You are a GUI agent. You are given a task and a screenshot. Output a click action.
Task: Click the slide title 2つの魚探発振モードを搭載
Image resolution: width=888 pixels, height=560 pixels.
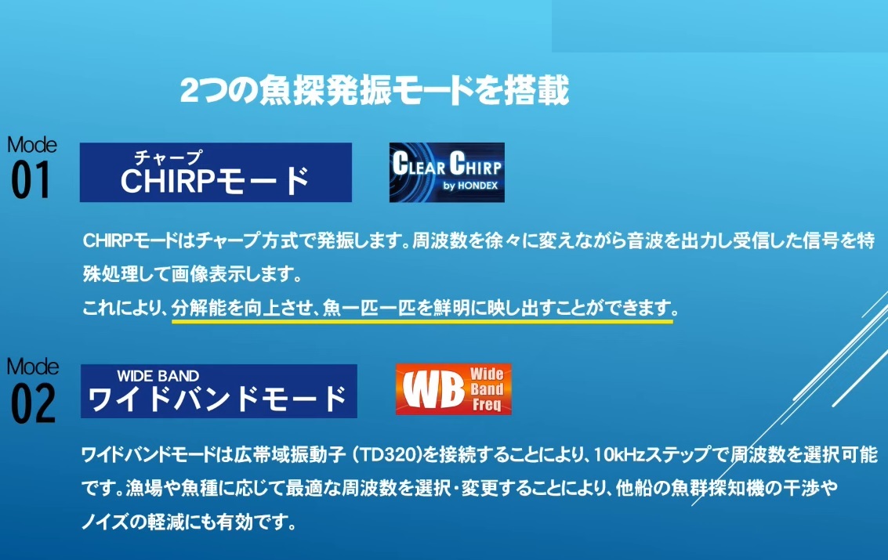click(375, 91)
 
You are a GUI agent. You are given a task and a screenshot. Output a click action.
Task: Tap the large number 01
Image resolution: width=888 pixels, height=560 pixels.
click(31, 180)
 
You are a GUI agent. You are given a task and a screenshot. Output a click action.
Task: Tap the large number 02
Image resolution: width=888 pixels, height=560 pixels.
click(33, 403)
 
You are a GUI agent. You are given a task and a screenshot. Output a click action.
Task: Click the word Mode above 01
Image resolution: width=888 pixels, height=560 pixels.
click(31, 145)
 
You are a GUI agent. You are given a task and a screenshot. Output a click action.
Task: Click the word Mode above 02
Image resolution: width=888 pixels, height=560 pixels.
click(32, 367)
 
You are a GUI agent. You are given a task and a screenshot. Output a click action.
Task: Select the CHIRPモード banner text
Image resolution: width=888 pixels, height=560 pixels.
click(216, 180)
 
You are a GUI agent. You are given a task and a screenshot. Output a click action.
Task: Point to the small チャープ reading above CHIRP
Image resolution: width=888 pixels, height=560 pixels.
click(169, 157)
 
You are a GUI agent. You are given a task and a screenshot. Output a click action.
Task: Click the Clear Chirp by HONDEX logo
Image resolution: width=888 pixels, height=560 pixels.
click(447, 172)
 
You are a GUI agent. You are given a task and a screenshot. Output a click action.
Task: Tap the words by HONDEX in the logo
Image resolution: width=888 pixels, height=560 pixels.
click(470, 186)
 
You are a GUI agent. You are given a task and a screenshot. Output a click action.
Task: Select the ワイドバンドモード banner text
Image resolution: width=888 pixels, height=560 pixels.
click(218, 399)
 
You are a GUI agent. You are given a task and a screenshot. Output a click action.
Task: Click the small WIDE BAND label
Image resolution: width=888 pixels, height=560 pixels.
click(158, 376)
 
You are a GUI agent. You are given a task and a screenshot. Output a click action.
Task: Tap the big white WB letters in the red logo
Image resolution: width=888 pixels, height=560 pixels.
click(433, 390)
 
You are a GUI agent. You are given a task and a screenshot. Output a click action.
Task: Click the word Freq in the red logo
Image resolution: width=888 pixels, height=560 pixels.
click(487, 404)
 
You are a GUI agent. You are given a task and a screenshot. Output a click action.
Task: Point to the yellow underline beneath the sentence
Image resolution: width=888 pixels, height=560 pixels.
click(422, 321)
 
